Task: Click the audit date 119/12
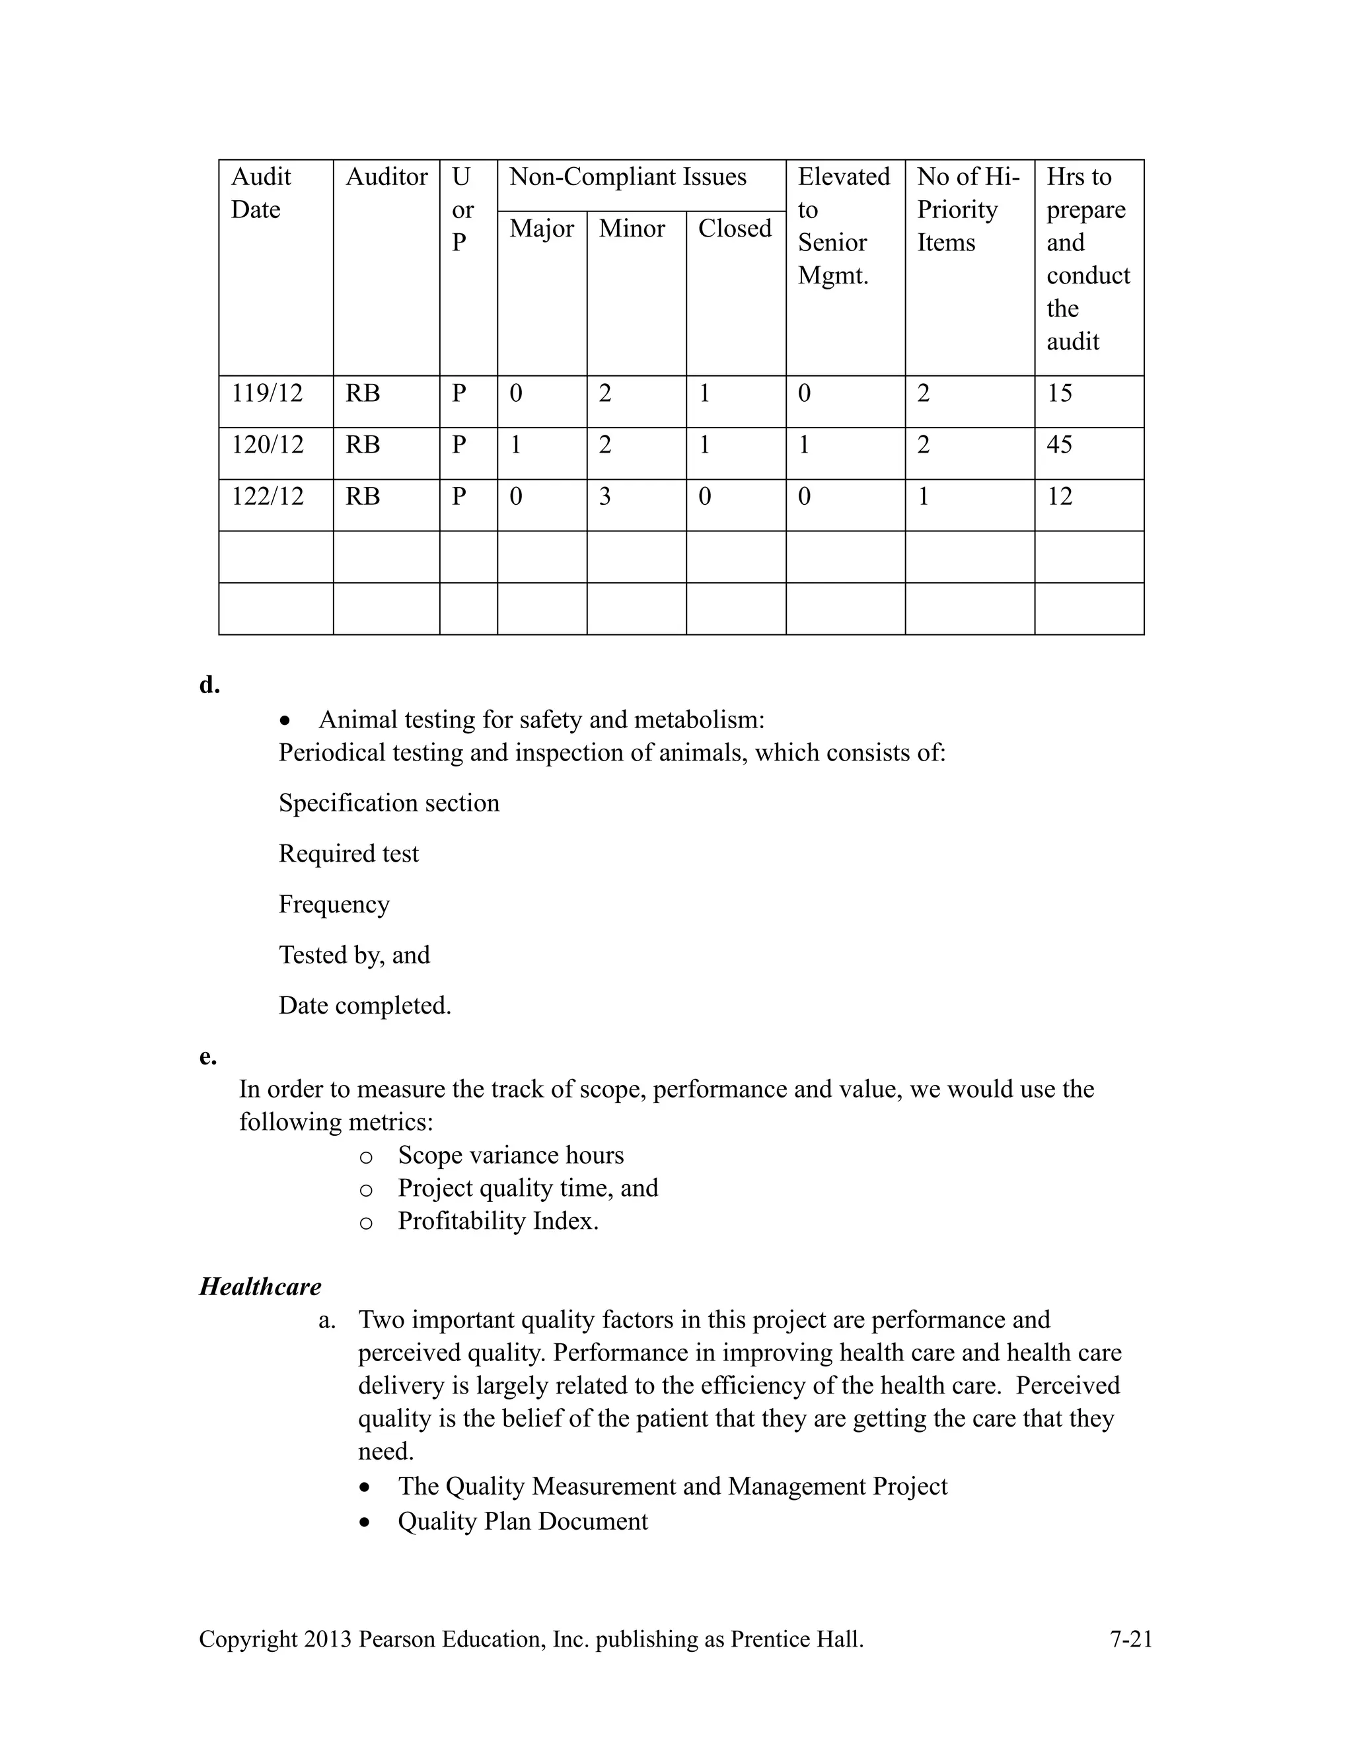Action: tap(267, 394)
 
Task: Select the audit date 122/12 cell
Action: tap(268, 497)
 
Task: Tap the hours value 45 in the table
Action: tap(1059, 445)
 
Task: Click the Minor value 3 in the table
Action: tap(604, 497)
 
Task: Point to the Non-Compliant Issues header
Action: tap(628, 177)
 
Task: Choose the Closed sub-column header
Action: tap(734, 229)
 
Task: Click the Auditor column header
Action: tap(386, 177)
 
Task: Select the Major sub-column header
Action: tap(541, 229)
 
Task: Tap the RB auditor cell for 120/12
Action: tap(362, 445)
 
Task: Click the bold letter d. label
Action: tap(209, 685)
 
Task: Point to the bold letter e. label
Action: tap(207, 1057)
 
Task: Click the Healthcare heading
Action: tap(260, 1286)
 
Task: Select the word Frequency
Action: tap(334, 905)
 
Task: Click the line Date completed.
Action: tap(365, 1006)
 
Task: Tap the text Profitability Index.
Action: tap(497, 1221)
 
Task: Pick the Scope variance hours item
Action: tap(510, 1155)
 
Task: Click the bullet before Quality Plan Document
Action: tap(365, 1522)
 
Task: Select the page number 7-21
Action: tap(1130, 1639)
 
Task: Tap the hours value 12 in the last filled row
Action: tap(1059, 497)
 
